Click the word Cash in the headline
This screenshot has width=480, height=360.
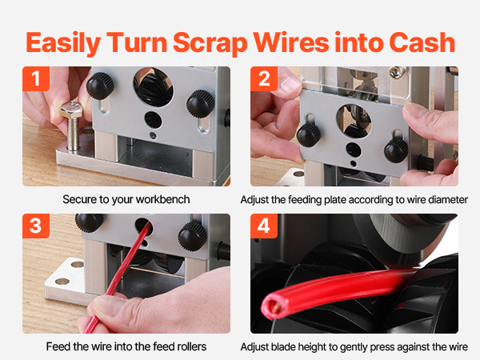pos(422,42)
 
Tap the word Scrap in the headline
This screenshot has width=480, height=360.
pos(210,43)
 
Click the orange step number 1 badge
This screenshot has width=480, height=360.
pos(36,78)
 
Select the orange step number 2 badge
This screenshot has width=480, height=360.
pos(264,78)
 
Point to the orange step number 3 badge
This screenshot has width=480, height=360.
pos(36,226)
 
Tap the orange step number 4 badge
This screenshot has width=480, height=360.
pos(264,226)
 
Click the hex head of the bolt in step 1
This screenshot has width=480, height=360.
pos(71,110)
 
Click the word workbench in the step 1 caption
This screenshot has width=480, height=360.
pos(162,199)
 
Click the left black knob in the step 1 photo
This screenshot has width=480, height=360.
pos(100,86)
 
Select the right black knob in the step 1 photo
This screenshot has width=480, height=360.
pos(201,103)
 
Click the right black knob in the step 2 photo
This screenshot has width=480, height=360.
pos(396,150)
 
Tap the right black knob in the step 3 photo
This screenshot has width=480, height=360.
pos(193,236)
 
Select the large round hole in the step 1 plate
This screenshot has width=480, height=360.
pos(153,87)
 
